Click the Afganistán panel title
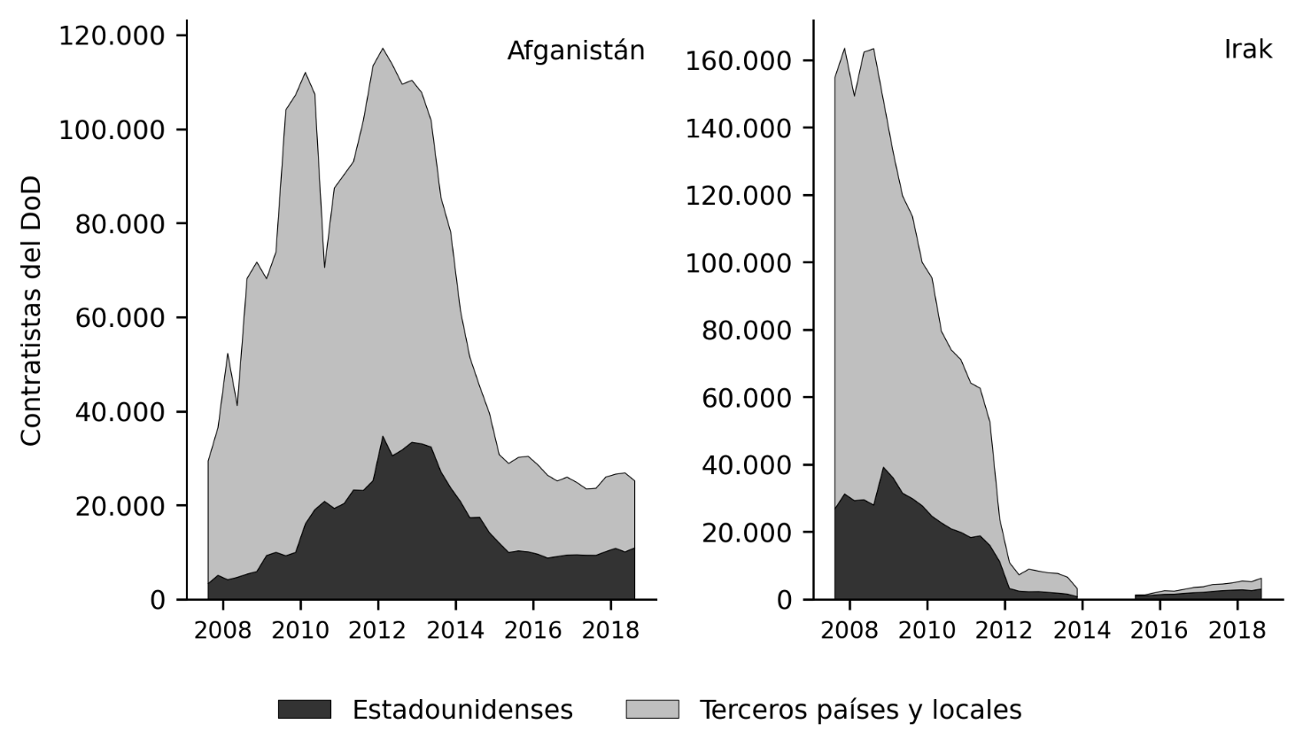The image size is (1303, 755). [x=576, y=51]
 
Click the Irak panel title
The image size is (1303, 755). [x=1248, y=50]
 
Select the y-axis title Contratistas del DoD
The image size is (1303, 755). [x=31, y=311]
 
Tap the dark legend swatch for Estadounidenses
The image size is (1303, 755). [x=304, y=709]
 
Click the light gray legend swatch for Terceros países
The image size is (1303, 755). [x=652, y=709]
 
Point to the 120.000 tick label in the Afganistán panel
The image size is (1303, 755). [x=112, y=36]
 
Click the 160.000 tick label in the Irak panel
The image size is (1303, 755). [x=738, y=61]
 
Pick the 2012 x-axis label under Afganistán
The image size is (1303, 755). [x=377, y=630]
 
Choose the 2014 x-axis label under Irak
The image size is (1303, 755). [x=1082, y=630]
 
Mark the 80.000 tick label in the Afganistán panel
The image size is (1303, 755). [x=120, y=224]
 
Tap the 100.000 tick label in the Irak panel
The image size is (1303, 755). [x=738, y=263]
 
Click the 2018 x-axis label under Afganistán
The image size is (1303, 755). [x=610, y=630]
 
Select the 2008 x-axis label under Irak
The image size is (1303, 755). [x=849, y=630]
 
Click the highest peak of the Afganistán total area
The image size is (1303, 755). [x=383, y=49]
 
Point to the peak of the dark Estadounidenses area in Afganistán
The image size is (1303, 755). [x=382, y=436]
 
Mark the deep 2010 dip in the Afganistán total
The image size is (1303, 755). [x=324, y=268]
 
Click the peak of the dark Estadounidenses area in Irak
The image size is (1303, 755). [x=883, y=467]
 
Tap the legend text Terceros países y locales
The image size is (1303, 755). [x=860, y=710]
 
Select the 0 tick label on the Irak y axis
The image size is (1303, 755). [x=784, y=600]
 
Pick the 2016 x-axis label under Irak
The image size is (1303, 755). [x=1160, y=630]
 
